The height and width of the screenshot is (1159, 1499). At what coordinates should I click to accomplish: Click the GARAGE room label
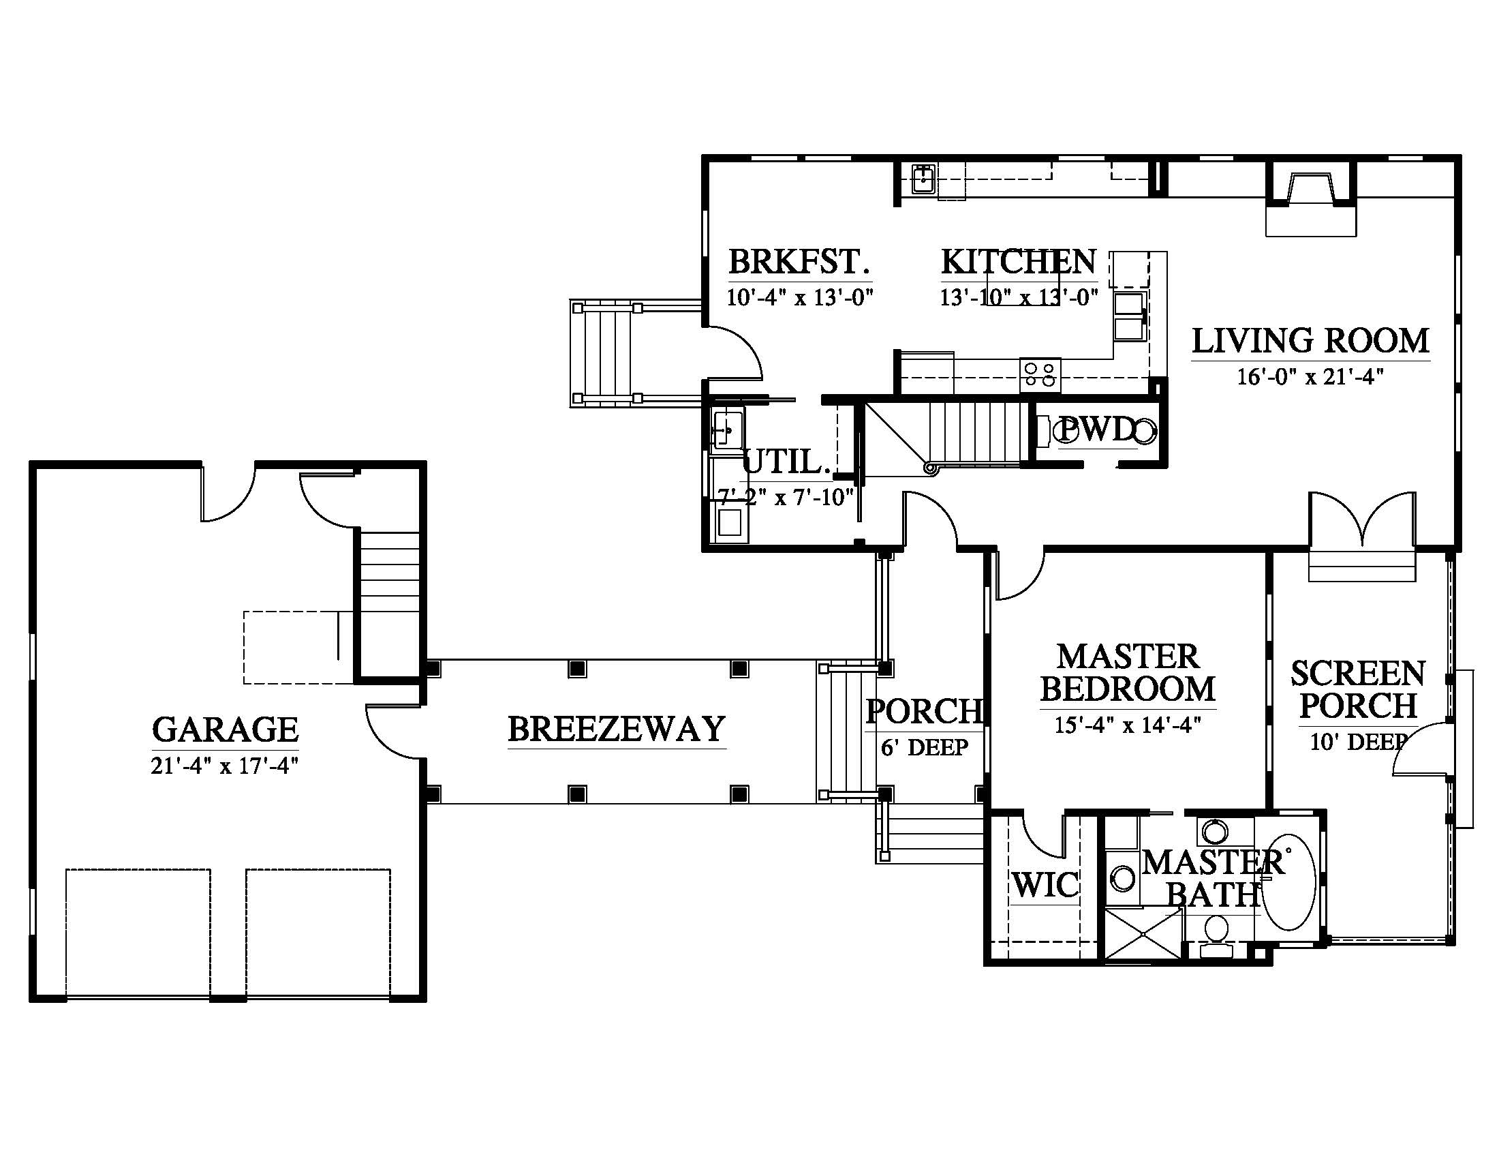(x=225, y=730)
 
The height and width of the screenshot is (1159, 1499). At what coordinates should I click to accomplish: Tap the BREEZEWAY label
(x=617, y=729)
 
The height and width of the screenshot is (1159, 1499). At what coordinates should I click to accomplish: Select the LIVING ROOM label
(x=1310, y=341)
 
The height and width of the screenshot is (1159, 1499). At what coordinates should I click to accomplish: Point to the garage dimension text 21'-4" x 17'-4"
(x=225, y=766)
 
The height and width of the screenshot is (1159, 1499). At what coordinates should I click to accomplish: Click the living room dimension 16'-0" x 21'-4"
(x=1310, y=377)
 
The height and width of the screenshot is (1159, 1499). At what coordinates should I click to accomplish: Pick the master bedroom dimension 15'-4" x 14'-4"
(x=1128, y=725)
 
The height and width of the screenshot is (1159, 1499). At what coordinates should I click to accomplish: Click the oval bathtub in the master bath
(x=1290, y=882)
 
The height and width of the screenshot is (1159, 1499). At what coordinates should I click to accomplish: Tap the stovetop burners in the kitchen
(x=1040, y=375)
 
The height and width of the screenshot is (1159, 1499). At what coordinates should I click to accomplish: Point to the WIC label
(x=1045, y=886)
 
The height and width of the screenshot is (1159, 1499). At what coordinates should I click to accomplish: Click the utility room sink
(x=728, y=429)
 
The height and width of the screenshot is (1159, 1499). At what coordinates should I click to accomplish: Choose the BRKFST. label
(x=800, y=262)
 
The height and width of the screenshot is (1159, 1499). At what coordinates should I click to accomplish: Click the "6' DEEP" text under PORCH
(x=925, y=747)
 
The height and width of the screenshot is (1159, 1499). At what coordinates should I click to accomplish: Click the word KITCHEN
(x=1019, y=262)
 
